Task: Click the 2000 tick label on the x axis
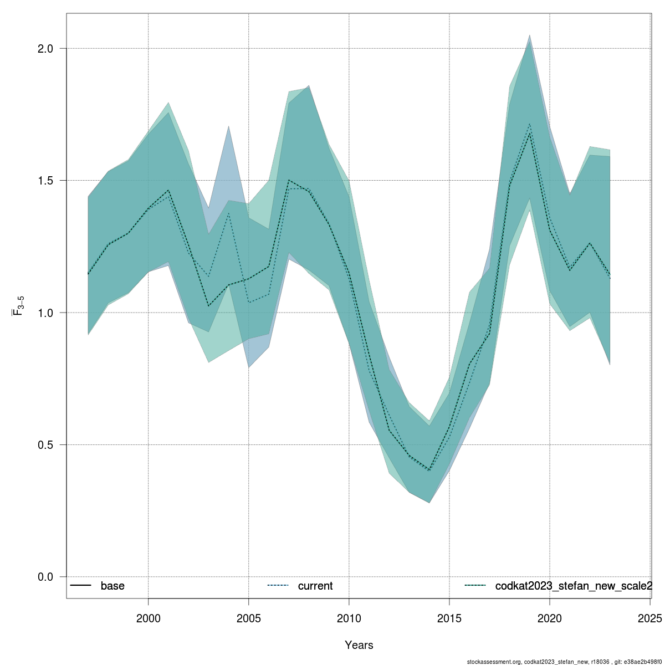148,618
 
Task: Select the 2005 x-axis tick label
248,618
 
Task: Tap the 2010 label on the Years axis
349,618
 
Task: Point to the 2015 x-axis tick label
449,618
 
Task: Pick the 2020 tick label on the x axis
549,618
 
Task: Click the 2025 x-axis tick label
649,618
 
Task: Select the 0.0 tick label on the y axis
45,577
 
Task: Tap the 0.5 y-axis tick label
45,445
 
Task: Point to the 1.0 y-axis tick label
45,313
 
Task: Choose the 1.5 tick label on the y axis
45,181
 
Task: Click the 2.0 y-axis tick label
45,49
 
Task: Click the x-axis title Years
359,645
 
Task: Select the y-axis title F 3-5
18,305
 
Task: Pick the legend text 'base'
112,586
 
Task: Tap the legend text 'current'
315,586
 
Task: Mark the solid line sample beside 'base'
80,585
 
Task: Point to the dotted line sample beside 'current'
278,585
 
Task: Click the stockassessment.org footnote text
565,662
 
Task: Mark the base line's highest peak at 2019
530,134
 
